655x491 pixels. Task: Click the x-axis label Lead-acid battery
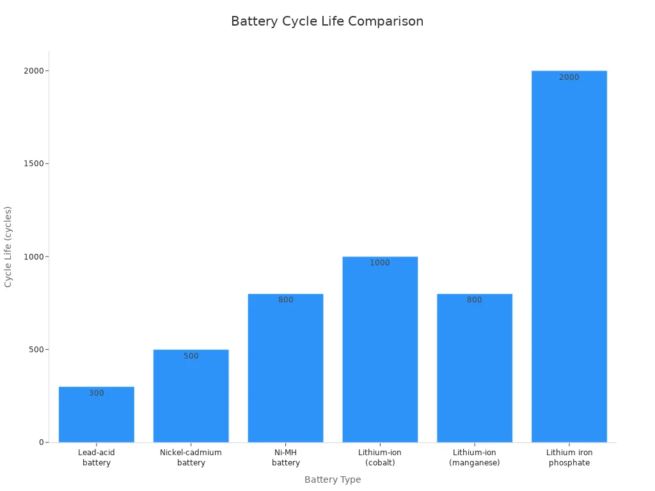coord(97,458)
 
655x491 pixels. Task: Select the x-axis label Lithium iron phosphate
coord(569,458)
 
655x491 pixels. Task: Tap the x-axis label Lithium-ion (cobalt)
coord(380,458)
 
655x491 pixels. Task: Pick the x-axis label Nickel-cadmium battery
coord(191,458)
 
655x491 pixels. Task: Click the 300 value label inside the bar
coord(97,393)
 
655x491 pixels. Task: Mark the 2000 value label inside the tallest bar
coord(569,77)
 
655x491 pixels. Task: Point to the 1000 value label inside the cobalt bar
coord(380,263)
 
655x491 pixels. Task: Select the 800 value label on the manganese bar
coord(475,300)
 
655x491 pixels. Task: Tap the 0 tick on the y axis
coord(41,442)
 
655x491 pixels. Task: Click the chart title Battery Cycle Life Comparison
coord(327,21)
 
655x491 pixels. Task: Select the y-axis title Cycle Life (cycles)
coord(8,246)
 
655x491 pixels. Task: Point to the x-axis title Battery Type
coord(333,479)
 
